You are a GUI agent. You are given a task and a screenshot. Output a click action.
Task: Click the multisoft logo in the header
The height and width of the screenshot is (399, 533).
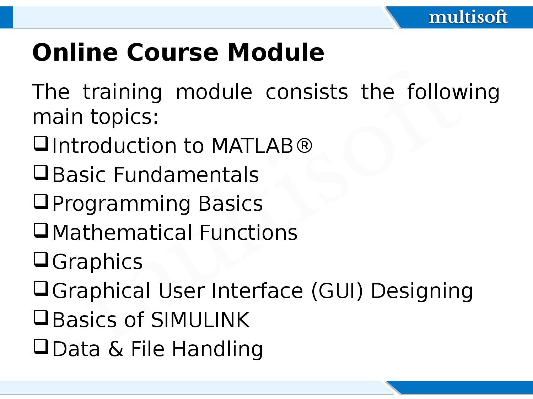pyautogui.click(x=468, y=17)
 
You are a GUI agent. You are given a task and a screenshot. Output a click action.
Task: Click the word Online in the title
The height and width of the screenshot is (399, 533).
pyautogui.click(x=75, y=52)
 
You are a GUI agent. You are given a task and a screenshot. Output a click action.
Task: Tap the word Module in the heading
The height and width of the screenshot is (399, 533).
pyautogui.click(x=276, y=52)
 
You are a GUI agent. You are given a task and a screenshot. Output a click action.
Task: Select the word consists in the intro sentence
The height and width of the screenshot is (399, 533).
pyautogui.click(x=307, y=92)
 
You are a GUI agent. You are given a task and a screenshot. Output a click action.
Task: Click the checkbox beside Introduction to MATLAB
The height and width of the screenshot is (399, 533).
pyautogui.click(x=41, y=144)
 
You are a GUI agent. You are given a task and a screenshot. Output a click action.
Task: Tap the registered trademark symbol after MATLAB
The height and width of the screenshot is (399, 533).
pyautogui.click(x=304, y=145)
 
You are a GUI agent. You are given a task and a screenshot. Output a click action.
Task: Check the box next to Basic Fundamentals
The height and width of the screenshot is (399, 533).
pyautogui.click(x=41, y=173)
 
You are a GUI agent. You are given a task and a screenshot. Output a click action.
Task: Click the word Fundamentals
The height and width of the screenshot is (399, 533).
pyautogui.click(x=186, y=174)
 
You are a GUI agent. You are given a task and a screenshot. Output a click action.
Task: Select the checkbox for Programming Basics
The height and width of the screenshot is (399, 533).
pyautogui.click(x=41, y=202)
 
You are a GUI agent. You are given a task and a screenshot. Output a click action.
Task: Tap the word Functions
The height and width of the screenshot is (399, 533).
pyautogui.click(x=248, y=233)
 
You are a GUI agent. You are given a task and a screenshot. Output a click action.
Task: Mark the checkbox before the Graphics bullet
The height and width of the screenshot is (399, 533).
pyautogui.click(x=41, y=260)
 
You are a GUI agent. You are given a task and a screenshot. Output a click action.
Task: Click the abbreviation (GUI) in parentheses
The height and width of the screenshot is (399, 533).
pyautogui.click(x=337, y=291)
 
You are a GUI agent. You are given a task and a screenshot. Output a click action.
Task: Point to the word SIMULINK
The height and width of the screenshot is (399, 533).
pyautogui.click(x=200, y=320)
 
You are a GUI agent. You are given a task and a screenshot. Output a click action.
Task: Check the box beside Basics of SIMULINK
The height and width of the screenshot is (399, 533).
pyautogui.click(x=41, y=318)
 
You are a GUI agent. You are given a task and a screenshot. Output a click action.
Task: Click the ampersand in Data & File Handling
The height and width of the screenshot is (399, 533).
pyautogui.click(x=116, y=349)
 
